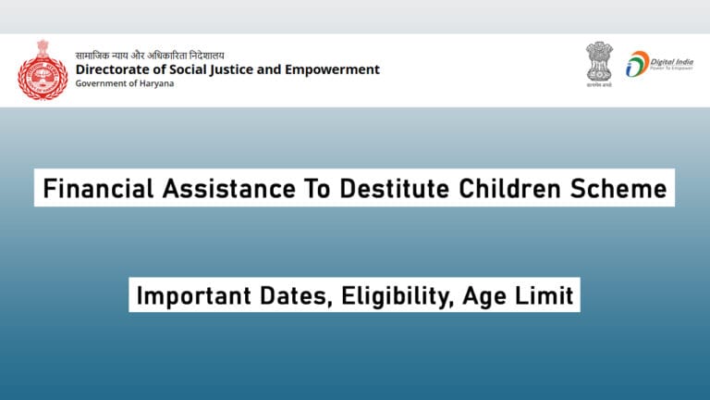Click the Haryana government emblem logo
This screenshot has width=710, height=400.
tap(42, 69)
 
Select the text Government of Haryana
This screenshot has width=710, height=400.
tap(124, 84)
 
